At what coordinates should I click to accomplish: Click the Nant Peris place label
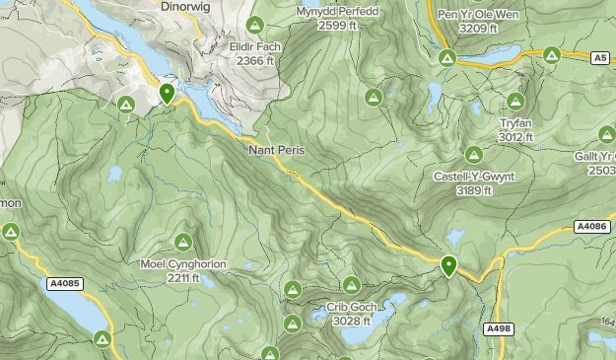pyautogui.click(x=277, y=150)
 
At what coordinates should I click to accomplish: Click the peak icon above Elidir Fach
pyautogui.click(x=254, y=25)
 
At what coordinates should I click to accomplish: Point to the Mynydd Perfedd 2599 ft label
pyautogui.click(x=337, y=18)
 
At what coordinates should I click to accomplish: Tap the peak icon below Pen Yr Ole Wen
pyautogui.click(x=445, y=58)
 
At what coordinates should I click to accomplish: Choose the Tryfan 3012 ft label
pyautogui.click(x=515, y=129)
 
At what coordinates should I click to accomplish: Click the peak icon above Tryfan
pyautogui.click(x=515, y=102)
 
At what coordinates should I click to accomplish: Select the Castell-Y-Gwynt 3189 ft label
pyautogui.click(x=474, y=182)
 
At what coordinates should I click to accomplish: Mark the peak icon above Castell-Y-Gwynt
pyautogui.click(x=474, y=155)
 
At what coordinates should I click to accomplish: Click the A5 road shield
pyautogui.click(x=600, y=59)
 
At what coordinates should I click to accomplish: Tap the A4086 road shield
pyautogui.click(x=591, y=227)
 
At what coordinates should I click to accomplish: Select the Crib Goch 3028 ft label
pyautogui.click(x=351, y=314)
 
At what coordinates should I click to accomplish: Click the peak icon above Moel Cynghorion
pyautogui.click(x=182, y=242)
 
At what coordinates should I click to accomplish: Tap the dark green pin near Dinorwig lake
pyautogui.click(x=168, y=94)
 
